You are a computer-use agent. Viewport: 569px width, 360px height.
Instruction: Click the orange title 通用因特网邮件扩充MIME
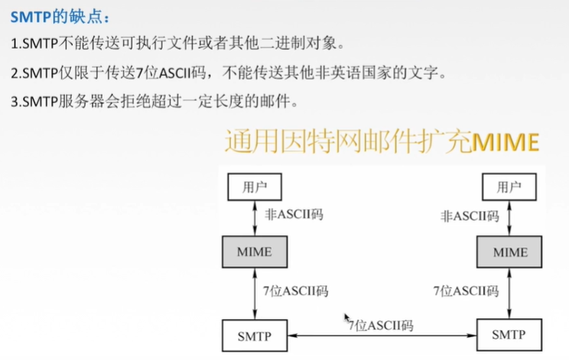382,142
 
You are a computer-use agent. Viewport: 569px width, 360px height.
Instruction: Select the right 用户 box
507,186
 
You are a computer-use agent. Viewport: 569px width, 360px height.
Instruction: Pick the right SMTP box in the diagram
508,334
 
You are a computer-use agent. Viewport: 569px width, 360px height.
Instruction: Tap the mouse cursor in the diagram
347,317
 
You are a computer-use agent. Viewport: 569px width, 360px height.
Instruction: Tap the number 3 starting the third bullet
14,101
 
